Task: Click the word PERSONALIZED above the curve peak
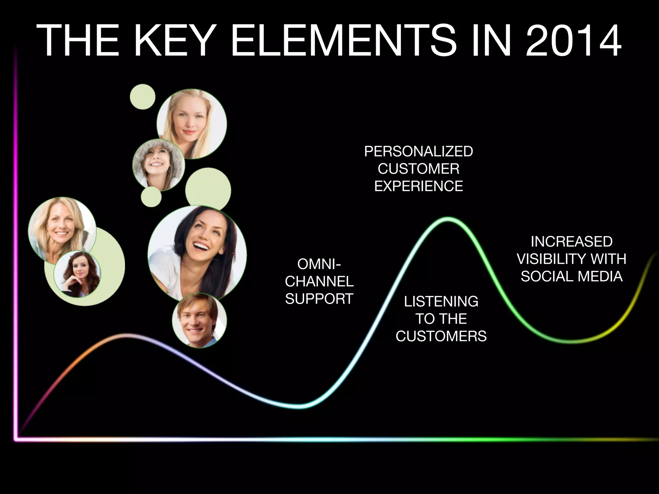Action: pos(418,151)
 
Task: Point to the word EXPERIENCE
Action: pos(418,186)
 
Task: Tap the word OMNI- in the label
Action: pos(319,264)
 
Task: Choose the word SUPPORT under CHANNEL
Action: pos(319,299)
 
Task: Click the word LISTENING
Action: pos(441,302)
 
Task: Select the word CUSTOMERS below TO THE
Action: pos(441,336)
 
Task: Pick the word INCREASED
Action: pos(571,242)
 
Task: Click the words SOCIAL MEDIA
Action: pos(571,277)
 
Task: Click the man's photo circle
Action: pos(199,320)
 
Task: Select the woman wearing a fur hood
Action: pos(158,165)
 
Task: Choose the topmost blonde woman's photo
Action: pos(191,124)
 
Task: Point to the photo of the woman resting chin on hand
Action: pos(77,274)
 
